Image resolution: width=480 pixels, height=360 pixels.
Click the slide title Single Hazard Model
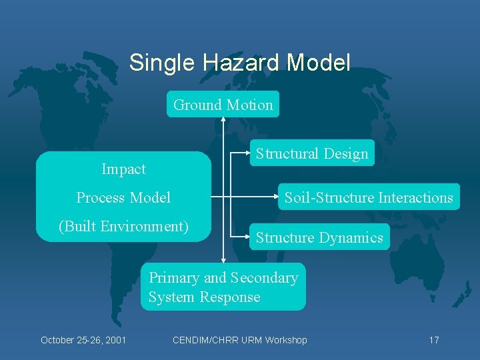[239, 63]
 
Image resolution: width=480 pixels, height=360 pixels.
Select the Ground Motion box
[223, 105]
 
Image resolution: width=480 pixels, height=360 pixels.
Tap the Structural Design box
[312, 153]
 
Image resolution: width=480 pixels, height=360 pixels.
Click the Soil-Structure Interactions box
[369, 197]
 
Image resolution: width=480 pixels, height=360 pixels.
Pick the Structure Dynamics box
[319, 237]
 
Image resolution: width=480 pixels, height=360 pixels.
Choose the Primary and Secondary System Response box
[223, 287]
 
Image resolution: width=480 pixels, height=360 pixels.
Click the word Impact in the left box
[123, 169]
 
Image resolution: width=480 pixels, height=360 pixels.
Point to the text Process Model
[123, 197]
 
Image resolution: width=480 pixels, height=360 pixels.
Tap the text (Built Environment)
[123, 226]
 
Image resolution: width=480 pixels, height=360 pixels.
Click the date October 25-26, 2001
[83, 340]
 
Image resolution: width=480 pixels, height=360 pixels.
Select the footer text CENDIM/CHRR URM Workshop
[239, 340]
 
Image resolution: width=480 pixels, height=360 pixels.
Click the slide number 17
[433, 340]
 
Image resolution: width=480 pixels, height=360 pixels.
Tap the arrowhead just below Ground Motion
[223, 121]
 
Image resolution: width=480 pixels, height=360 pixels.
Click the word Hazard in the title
[241, 63]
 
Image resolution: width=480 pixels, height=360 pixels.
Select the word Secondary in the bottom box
[264, 278]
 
